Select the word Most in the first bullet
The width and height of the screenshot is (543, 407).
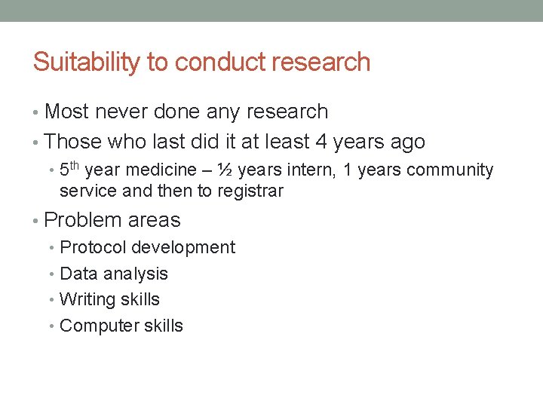[x=68, y=112]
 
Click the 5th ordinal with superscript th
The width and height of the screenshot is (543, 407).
[x=70, y=170]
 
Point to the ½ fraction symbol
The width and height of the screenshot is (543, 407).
[x=224, y=171]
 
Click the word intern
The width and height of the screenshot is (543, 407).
[x=311, y=171]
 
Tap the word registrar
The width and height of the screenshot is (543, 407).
[x=250, y=191]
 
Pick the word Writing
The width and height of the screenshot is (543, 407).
[x=85, y=299]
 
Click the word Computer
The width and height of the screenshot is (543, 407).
[x=94, y=326]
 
